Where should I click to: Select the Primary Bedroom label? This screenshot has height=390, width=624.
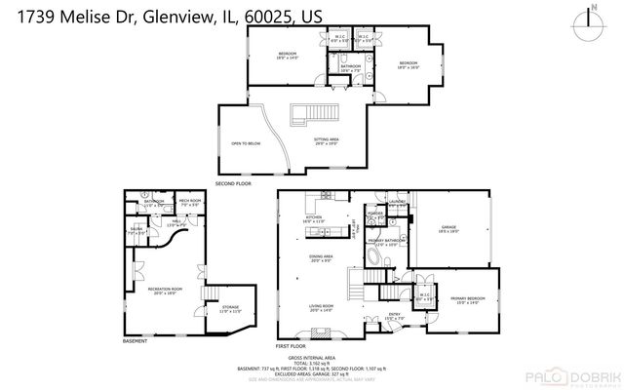[467, 299]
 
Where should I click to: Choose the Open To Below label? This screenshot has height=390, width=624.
[244, 142]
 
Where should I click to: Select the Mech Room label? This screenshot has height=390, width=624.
[188, 203]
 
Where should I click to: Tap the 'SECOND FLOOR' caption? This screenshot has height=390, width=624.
[233, 182]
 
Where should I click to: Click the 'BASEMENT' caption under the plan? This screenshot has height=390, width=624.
[136, 341]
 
